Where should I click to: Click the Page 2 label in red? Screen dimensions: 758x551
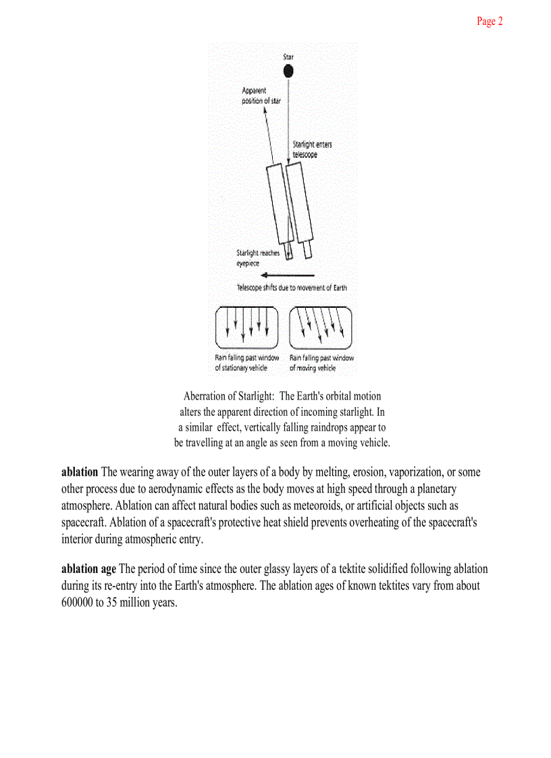(490, 22)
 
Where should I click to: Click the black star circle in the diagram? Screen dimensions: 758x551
(288, 72)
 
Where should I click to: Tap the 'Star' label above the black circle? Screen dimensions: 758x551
(288, 57)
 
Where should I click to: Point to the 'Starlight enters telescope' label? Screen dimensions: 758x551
(311, 149)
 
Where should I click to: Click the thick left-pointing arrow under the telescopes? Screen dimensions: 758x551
(288, 275)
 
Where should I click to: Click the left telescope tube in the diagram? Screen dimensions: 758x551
(279, 206)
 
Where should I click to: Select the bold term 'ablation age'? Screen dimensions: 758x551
(89, 569)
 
